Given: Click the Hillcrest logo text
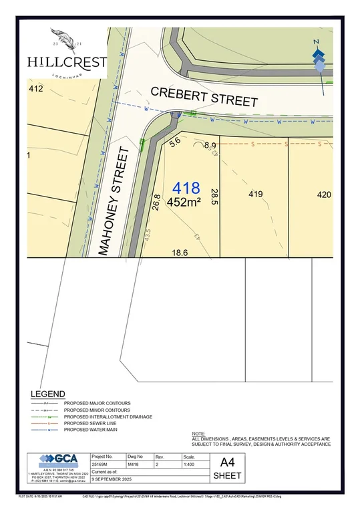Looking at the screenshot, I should pyautogui.click(x=66, y=62).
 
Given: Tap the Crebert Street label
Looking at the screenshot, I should pyautogui.click(x=204, y=96).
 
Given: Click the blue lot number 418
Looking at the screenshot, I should pyautogui.click(x=186, y=188).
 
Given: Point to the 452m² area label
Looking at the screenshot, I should pyautogui.click(x=184, y=201).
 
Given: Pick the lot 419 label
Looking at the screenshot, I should pyautogui.click(x=255, y=195).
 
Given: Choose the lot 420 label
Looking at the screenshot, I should pyautogui.click(x=323, y=195).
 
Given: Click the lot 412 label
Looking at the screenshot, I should pyautogui.click(x=35, y=88).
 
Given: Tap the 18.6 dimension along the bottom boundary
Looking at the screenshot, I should pyautogui.click(x=180, y=252).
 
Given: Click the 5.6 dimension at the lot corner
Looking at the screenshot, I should pyautogui.click(x=176, y=142).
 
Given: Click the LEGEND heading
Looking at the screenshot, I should pyautogui.click(x=48, y=394).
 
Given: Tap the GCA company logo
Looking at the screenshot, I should pyautogui.click(x=57, y=460).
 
